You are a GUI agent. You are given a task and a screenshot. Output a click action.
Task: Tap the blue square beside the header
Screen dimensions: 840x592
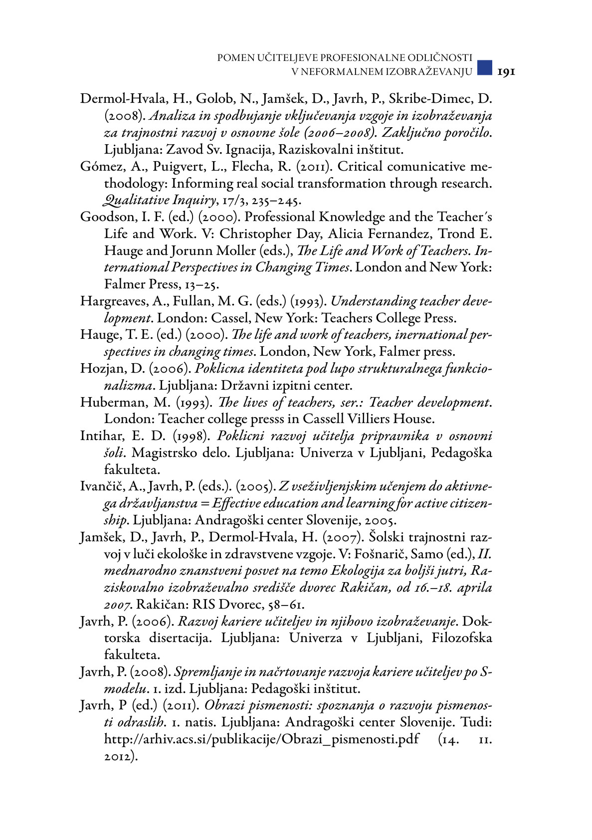pos(484,67)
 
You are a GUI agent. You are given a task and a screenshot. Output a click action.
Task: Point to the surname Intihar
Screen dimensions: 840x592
pos(100,436)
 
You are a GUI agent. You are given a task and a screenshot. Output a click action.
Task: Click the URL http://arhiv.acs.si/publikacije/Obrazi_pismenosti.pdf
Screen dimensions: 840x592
pos(261,739)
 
